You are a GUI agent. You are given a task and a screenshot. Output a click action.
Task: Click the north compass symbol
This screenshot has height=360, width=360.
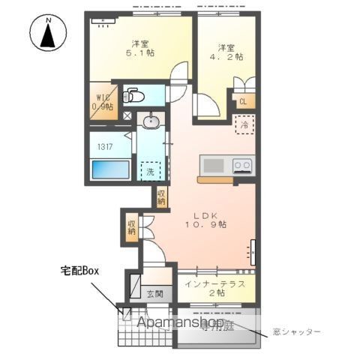pos(46,34)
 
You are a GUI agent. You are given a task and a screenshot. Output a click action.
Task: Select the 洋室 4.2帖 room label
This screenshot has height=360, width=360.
pos(226,50)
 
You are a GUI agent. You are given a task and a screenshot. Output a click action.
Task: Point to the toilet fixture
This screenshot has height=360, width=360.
pos(133,95)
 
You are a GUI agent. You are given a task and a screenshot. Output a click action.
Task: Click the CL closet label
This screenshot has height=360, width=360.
pos(243,103)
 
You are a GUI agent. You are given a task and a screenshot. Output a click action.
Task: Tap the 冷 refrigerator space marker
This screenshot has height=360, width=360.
pos(244,124)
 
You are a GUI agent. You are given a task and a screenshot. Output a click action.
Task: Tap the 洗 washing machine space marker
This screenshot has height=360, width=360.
pos(151,171)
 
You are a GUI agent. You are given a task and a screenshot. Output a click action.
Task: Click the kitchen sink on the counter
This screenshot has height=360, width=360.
pos(214,165)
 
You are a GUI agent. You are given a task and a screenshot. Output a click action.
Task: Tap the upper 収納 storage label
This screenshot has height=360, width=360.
pos(162,197)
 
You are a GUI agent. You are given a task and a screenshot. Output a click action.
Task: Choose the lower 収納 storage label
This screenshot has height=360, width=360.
pos(132,225)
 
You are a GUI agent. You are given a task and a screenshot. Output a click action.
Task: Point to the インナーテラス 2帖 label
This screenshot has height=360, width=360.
pos(217,288)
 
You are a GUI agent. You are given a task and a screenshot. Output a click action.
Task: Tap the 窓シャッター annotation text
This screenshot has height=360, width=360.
pos(297,331)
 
